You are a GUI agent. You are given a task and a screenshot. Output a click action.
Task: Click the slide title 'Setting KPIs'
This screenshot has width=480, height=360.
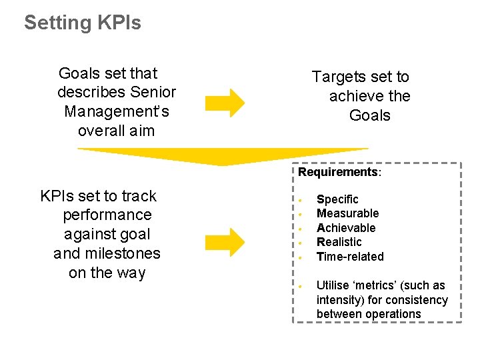(x=83, y=23)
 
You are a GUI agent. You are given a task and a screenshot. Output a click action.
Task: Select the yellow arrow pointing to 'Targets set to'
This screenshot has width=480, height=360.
(x=225, y=103)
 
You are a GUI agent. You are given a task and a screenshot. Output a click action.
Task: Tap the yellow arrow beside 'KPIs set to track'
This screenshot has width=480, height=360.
(x=225, y=241)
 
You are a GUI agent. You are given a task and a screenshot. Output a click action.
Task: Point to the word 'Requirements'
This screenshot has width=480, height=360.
(x=338, y=172)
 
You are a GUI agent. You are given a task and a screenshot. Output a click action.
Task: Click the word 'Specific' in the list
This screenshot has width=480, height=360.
(x=337, y=199)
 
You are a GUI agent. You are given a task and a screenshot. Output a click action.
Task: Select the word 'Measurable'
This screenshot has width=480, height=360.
(x=347, y=213)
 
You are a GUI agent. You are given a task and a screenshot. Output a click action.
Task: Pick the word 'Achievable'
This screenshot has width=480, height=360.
(x=346, y=228)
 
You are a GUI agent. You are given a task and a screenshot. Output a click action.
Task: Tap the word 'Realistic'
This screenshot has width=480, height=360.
(x=339, y=242)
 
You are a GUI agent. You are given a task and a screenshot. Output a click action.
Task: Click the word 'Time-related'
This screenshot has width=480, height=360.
(x=350, y=257)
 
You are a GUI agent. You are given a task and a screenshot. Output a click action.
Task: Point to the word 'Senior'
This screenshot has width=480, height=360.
(x=153, y=92)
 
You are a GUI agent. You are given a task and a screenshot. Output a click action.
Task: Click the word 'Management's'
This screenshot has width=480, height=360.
(x=117, y=111)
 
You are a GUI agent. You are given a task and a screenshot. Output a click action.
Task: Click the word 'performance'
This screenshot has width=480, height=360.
(x=107, y=215)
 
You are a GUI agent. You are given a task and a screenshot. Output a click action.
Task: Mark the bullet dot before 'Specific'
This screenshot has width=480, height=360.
(x=301, y=200)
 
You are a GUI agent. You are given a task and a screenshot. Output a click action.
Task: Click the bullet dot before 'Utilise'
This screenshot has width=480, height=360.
(x=301, y=286)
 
